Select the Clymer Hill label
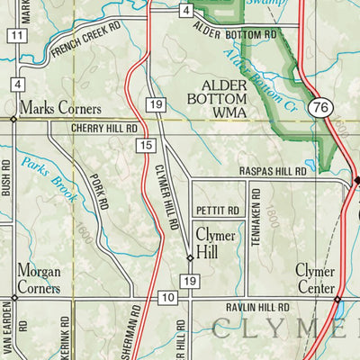pos(216,243)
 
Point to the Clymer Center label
pos(315,278)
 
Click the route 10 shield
pos(167,298)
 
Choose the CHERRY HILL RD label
pos(104,130)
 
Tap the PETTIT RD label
pos(218,211)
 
